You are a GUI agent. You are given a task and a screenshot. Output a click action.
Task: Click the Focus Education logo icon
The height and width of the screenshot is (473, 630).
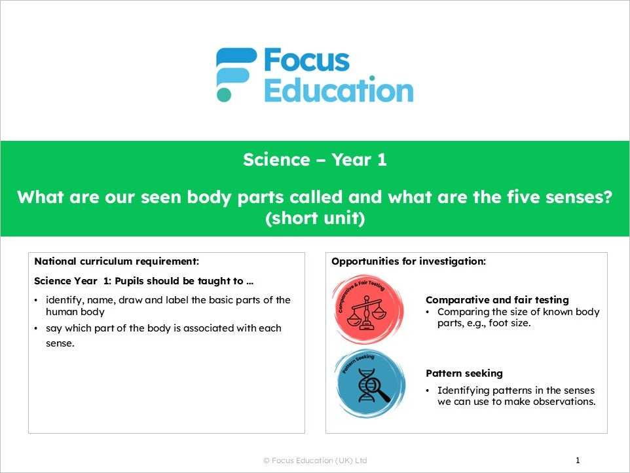point(236,74)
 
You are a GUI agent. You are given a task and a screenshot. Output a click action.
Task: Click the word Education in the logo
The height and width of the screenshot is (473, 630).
point(338,90)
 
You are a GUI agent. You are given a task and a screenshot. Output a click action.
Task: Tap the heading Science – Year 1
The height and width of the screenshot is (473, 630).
point(314,160)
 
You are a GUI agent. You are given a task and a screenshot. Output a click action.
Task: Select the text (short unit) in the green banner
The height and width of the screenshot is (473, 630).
point(314,219)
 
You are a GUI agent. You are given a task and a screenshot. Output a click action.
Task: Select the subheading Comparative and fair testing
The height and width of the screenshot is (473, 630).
point(488,300)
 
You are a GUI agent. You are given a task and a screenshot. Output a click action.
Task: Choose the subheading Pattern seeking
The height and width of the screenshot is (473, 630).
point(464,373)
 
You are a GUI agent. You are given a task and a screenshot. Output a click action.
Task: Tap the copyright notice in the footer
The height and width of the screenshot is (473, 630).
point(315,461)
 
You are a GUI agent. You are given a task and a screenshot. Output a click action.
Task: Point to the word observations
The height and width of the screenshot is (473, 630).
point(565,402)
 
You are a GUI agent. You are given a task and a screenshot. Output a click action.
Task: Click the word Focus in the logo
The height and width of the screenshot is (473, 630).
point(306,61)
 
